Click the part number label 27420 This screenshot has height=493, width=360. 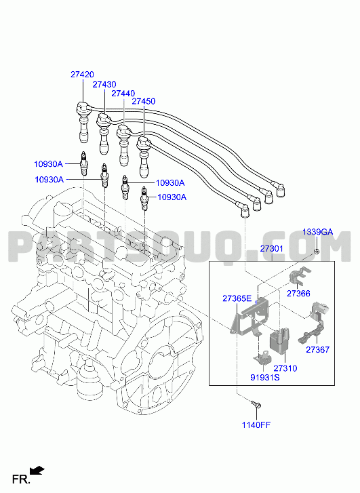pyautogui.click(x=82, y=75)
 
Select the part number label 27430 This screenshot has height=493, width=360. pyautogui.click(x=104, y=84)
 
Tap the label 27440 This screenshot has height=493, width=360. pyautogui.click(x=123, y=94)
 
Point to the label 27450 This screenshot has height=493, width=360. pyautogui.click(x=143, y=101)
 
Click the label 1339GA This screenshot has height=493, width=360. pyautogui.click(x=317, y=232)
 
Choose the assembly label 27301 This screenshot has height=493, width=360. pyautogui.click(x=272, y=249)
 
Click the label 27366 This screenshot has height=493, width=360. pyautogui.click(x=298, y=294)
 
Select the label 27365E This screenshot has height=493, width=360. pyautogui.click(x=237, y=298)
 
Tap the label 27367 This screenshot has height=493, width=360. pyautogui.click(x=317, y=349)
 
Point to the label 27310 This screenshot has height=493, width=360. pyautogui.click(x=285, y=368)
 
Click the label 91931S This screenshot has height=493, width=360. pyautogui.click(x=264, y=377)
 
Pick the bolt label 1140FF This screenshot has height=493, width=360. pyautogui.click(x=256, y=425)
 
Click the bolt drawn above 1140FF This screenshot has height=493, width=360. pyautogui.click(x=256, y=404)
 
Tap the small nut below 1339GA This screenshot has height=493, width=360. pyautogui.click(x=317, y=251)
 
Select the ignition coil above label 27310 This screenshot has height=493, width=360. pyautogui.click(x=279, y=341)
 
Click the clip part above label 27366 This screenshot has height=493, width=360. pyautogui.click(x=300, y=276)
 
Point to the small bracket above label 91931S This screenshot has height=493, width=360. pyautogui.click(x=262, y=358)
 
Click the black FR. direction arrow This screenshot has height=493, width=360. pyautogui.click(x=37, y=471)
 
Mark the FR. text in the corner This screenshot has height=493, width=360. pyautogui.click(x=21, y=479)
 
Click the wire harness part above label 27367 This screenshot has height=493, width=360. pyautogui.click(x=313, y=323)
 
